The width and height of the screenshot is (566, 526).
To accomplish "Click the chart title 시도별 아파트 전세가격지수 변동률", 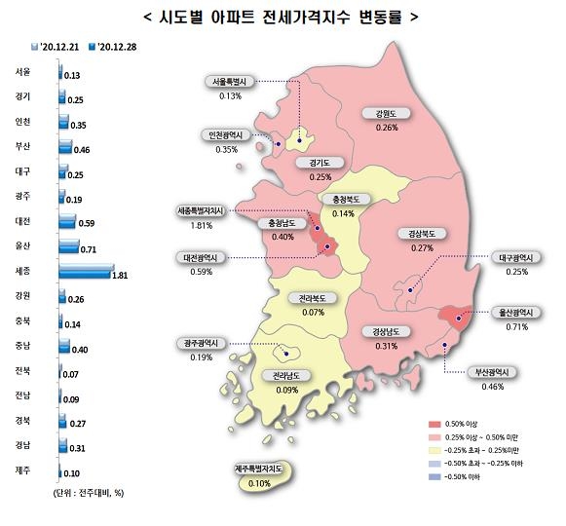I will click(282, 17).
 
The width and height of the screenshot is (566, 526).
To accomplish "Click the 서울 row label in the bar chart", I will click(23, 72).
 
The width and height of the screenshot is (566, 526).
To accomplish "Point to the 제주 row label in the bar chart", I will click(23, 470).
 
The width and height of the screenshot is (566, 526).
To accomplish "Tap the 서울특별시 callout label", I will click(231, 83).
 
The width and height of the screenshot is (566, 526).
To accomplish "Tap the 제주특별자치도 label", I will click(259, 470).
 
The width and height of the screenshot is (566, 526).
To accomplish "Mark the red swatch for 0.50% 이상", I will click(434, 425).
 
